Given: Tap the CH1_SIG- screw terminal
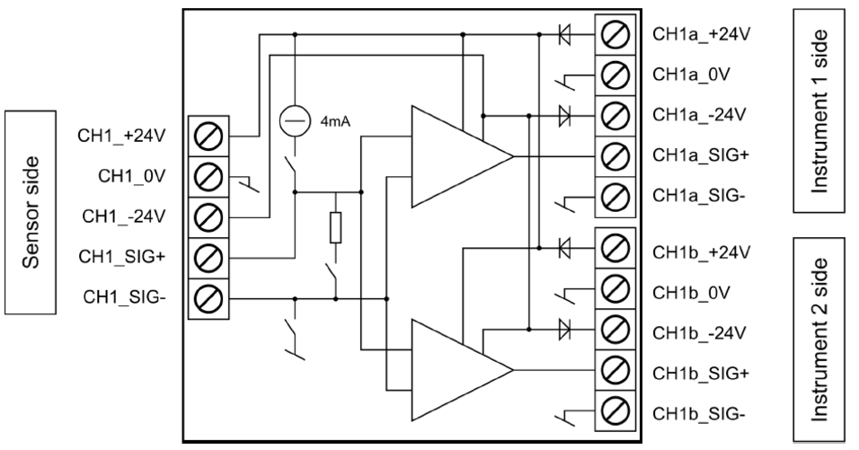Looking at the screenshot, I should [x=208, y=296].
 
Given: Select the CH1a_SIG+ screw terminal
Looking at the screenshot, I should [x=615, y=154].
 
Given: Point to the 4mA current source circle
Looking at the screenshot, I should [x=294, y=119].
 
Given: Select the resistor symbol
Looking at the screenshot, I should [x=335, y=230].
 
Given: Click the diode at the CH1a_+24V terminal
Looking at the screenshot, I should [x=564, y=35].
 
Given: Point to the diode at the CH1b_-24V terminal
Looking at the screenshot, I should [x=564, y=330].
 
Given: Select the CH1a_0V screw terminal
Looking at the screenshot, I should [x=615, y=75].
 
